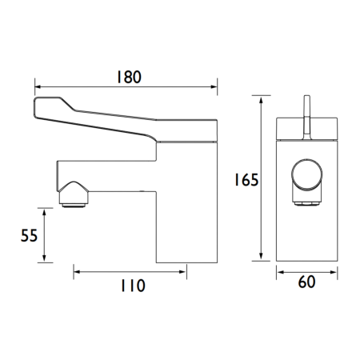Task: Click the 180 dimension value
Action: (127, 77)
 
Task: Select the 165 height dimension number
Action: (247, 180)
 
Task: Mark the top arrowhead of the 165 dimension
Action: (262, 98)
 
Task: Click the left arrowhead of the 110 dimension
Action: (77, 272)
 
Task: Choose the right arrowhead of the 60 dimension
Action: (334, 272)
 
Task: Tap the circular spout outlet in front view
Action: (307, 176)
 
